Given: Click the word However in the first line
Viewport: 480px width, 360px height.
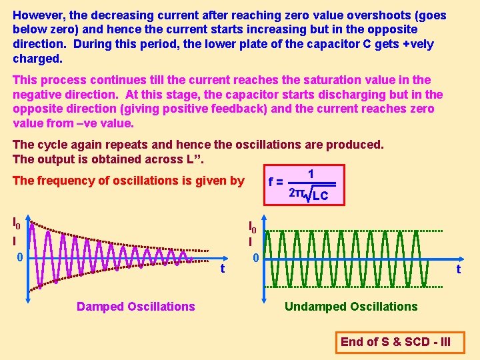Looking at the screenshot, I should pyautogui.click(x=39, y=15).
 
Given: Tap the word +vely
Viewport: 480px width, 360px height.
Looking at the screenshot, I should pyautogui.click(x=414, y=44).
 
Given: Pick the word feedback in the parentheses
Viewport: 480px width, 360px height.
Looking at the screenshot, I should pyautogui.click(x=257, y=109).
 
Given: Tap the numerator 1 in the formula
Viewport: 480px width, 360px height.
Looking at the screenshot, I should pyautogui.click(x=311, y=174).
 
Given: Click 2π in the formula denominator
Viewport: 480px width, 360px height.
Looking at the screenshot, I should pyautogui.click(x=296, y=193).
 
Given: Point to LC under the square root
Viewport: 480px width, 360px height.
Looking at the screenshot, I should pyautogui.click(x=320, y=195).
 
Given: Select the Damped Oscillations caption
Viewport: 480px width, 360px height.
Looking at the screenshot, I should pyautogui.click(x=136, y=307).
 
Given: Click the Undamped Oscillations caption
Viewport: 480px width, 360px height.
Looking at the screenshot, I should pyautogui.click(x=351, y=307).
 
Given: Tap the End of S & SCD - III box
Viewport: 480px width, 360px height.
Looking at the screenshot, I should pyautogui.click(x=395, y=342).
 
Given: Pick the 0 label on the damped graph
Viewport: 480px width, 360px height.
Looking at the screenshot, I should pyautogui.click(x=20, y=257).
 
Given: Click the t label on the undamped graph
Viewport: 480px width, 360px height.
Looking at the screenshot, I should pyautogui.click(x=458, y=270).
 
